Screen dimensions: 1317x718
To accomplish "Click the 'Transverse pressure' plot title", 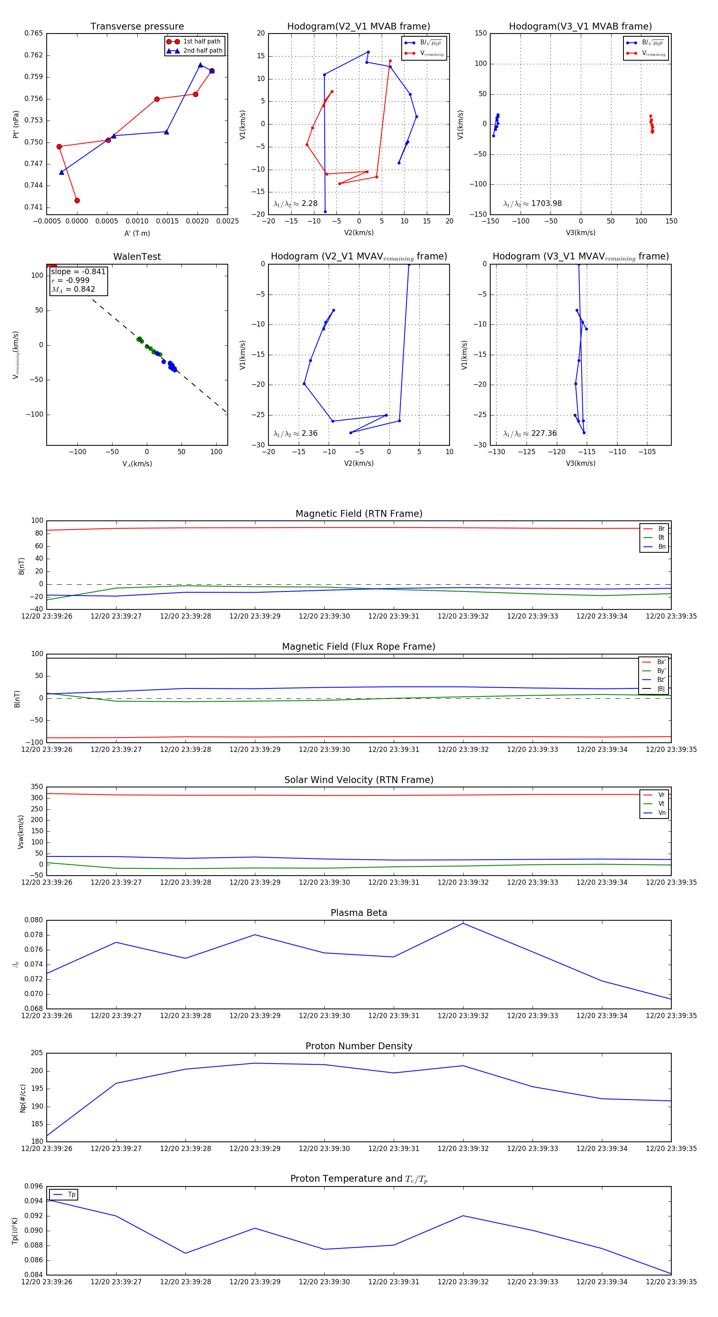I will point(137,27).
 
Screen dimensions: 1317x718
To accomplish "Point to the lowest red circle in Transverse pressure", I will point(77,200).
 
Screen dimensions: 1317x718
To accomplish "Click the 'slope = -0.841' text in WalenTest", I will point(78,271).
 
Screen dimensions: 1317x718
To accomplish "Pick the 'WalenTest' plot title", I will point(137,257).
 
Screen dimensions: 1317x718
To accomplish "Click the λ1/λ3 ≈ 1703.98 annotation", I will point(532,204).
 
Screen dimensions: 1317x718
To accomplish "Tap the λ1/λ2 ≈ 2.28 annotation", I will point(295,204).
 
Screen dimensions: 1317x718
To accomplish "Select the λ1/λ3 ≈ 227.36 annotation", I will point(530,433).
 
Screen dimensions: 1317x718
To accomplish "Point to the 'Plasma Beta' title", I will point(359,913).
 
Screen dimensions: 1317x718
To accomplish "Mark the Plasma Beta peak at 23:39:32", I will point(463,923).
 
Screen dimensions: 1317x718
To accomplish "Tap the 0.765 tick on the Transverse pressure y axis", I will point(34,33).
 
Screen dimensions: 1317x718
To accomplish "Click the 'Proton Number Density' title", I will point(359,1046).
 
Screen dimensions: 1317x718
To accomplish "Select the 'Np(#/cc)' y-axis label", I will point(22,1098).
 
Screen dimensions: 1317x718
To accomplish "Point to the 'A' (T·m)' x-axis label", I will point(137,233).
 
